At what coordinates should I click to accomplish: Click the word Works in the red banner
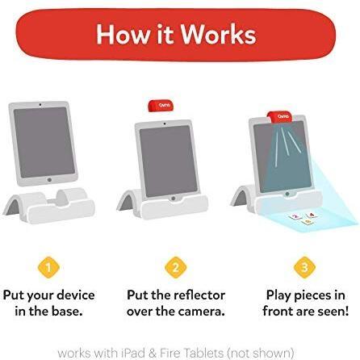pyautogui.click(x=218, y=34)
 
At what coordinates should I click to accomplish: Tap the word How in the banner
pyautogui.click(x=123, y=34)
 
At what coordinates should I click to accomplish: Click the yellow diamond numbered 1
pyautogui.click(x=48, y=267)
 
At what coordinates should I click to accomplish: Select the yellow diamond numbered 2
pyautogui.click(x=175, y=267)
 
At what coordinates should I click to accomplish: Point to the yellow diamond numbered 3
pyautogui.click(x=304, y=267)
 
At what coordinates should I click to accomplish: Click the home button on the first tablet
pyautogui.click(x=49, y=180)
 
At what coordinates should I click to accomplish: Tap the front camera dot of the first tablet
pyautogui.click(x=40, y=104)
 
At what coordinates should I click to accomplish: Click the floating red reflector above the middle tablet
pyautogui.click(x=161, y=106)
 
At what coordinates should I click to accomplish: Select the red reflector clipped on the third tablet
pyautogui.click(x=280, y=117)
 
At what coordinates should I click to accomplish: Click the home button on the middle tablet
pyautogui.click(x=174, y=199)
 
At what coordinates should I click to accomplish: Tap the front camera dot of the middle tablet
pyautogui.click(x=165, y=123)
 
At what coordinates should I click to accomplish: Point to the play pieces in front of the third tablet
pyautogui.click(x=303, y=219)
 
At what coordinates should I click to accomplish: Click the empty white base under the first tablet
pyautogui.click(x=49, y=205)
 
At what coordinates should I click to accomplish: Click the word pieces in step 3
pyautogui.click(x=312, y=296)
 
